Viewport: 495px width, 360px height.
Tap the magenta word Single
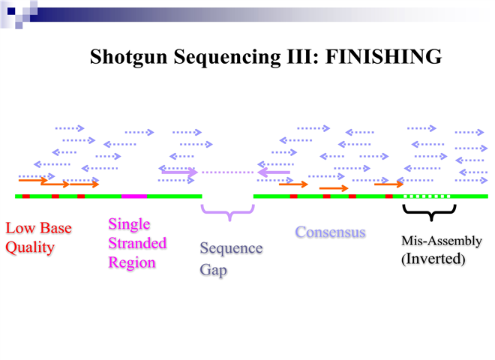point(129,224)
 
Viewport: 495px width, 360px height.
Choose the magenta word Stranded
point(137,244)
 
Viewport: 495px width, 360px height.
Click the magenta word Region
point(131,263)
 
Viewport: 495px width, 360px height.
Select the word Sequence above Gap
point(231,249)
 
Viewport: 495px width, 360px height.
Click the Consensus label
point(330,232)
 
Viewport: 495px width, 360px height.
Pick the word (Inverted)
point(433,260)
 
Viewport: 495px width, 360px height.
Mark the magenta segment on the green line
point(134,196)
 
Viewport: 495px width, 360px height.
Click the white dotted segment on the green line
point(427,196)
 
